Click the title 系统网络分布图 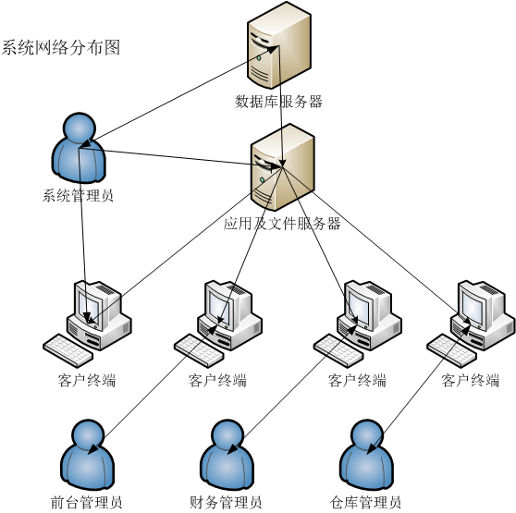pyautogui.click(x=60, y=47)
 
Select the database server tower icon pyautogui.click(x=279, y=45)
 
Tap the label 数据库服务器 pyautogui.click(x=278, y=102)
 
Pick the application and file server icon pyautogui.click(x=282, y=167)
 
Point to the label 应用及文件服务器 pyautogui.click(x=282, y=224)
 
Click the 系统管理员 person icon pyautogui.click(x=79, y=148)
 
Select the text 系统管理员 pyautogui.click(x=78, y=195)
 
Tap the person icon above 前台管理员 pyautogui.click(x=88, y=455)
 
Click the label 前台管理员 pyautogui.click(x=87, y=503)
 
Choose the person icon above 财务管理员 pyautogui.click(x=227, y=455)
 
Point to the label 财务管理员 pyautogui.click(x=226, y=503)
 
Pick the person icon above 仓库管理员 pyautogui.click(x=366, y=455)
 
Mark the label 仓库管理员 pyautogui.click(x=365, y=503)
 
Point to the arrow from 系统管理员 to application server pyautogui.click(x=180, y=157)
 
